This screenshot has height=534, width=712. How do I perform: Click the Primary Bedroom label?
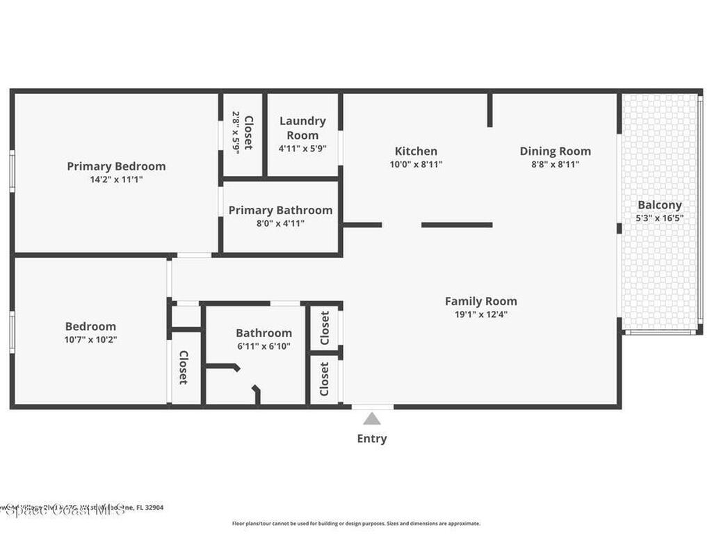(x=116, y=166)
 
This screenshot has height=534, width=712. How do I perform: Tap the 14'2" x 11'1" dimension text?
(x=116, y=179)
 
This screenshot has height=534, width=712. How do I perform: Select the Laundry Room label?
(x=302, y=128)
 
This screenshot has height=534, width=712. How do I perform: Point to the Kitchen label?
(x=416, y=151)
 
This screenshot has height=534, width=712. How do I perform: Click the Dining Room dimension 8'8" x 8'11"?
(x=555, y=165)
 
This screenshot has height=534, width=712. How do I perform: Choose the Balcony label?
(x=660, y=205)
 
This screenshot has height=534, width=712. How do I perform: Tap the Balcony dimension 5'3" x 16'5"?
(x=660, y=218)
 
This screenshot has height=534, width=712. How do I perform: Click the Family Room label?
(x=480, y=301)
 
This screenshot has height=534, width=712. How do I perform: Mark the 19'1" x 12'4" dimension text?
(x=480, y=314)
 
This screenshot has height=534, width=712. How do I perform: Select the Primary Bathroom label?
(x=280, y=210)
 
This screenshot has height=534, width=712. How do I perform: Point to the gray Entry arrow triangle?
(x=372, y=419)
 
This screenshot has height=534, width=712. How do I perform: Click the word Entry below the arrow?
(x=372, y=439)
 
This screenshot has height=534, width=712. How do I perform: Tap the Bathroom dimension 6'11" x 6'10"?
(x=264, y=346)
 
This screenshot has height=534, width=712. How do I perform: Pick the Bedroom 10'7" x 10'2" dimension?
(x=90, y=340)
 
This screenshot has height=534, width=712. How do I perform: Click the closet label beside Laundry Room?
(x=248, y=133)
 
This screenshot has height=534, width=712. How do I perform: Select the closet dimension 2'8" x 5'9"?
(x=236, y=133)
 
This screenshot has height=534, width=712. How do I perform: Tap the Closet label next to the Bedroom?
(x=184, y=367)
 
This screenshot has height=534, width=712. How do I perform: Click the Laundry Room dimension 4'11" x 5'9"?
(x=302, y=148)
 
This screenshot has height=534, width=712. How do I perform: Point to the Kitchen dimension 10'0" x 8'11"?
(x=416, y=165)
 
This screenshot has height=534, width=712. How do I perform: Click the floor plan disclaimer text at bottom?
(x=355, y=524)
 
